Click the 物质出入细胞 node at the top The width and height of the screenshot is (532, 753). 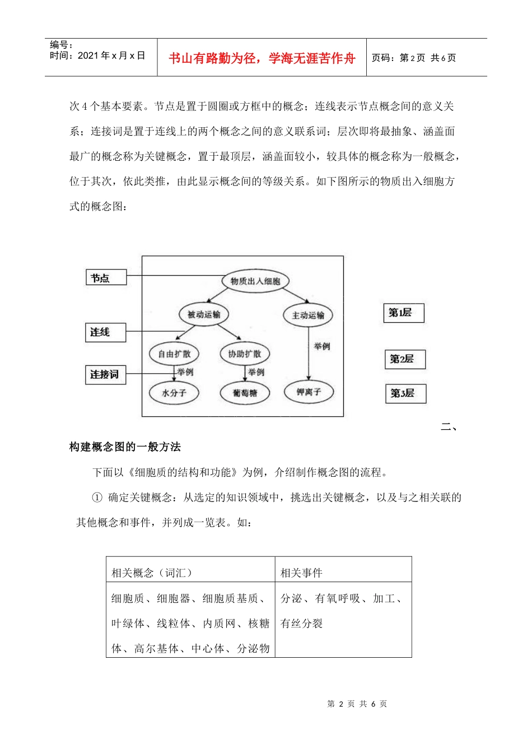[x=255, y=281]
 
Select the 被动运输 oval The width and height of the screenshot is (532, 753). [x=204, y=314]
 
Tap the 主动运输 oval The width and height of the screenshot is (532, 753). [x=307, y=315]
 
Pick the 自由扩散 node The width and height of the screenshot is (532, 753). [x=174, y=354]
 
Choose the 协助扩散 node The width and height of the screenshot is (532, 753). [x=244, y=354]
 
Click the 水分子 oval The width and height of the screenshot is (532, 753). [x=174, y=393]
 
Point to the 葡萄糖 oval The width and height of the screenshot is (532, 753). [x=245, y=393]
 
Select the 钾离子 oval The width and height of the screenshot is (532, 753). [x=309, y=392]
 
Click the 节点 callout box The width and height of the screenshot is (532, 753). [x=106, y=277]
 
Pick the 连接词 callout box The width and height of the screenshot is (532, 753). [x=105, y=374]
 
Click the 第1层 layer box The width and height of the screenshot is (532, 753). [x=403, y=313]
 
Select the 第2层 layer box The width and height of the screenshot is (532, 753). [x=405, y=359]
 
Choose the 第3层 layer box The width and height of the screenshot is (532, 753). [x=405, y=393]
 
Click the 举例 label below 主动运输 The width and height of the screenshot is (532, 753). [x=322, y=346]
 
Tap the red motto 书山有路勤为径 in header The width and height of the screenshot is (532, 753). [x=262, y=58]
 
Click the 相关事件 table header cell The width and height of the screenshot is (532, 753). [x=343, y=572]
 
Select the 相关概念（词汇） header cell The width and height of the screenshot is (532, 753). [x=190, y=572]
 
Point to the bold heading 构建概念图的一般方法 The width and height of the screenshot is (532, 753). [x=125, y=447]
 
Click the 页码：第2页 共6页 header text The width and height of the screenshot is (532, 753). [x=414, y=58]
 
